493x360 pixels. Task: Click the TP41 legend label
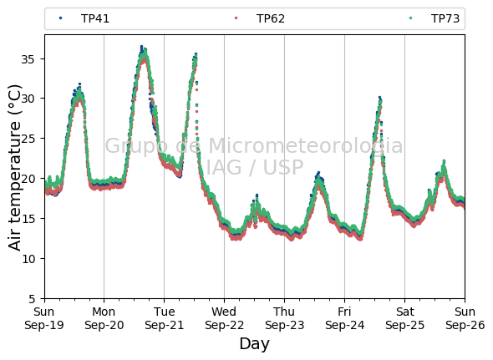[95, 18]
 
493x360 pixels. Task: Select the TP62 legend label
[271, 18]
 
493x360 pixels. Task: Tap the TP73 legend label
[445, 18]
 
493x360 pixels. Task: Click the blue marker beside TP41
[61, 18]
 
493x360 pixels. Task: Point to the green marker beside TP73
[410, 18]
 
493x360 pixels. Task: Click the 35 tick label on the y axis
[28, 59]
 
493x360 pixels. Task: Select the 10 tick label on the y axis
[28, 259]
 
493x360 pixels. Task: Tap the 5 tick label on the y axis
[32, 299]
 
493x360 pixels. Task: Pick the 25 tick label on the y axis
[28, 139]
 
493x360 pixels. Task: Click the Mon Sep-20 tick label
[104, 318]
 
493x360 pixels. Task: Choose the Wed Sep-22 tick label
[224, 318]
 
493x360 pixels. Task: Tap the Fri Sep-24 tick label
[344, 318]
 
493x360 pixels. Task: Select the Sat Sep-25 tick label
[404, 318]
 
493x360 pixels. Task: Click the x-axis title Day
[254, 344]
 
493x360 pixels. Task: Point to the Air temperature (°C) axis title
[14, 167]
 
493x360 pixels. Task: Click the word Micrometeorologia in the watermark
[305, 145]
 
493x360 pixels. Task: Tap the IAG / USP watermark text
[255, 167]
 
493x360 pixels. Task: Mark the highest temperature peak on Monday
[141, 47]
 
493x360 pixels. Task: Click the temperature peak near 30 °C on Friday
[380, 98]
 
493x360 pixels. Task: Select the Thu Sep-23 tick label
[285, 318]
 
